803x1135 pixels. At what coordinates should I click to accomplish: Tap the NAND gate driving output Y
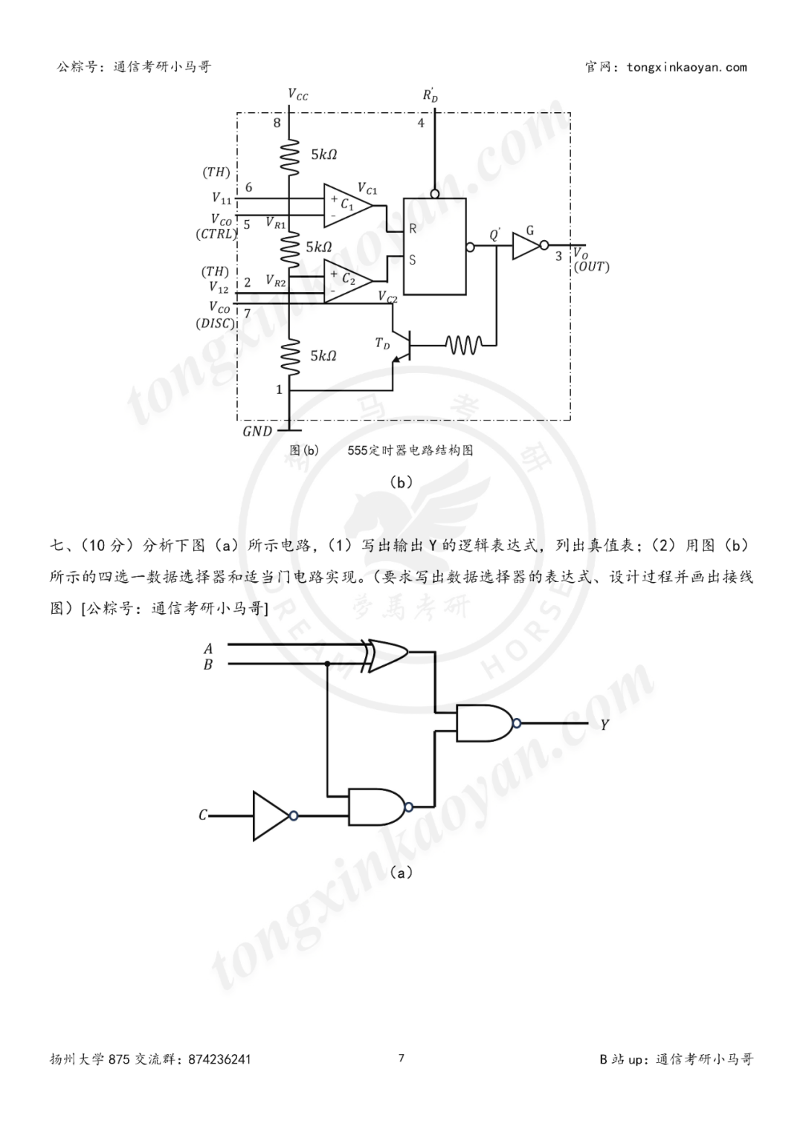(484, 722)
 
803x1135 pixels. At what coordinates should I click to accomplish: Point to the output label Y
(604, 724)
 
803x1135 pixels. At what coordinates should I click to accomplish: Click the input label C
(202, 815)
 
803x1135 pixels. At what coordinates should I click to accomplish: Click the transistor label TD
(382, 343)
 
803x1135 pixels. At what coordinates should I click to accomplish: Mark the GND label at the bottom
(257, 430)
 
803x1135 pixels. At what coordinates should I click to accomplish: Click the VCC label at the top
(297, 94)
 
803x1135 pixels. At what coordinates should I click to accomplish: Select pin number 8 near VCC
(277, 123)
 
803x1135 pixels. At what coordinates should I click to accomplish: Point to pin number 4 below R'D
(421, 123)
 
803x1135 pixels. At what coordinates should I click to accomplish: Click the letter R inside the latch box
(413, 229)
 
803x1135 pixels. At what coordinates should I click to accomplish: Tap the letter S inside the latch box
(413, 260)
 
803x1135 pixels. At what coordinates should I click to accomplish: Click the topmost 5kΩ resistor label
(323, 155)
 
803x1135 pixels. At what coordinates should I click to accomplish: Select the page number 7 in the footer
(401, 1058)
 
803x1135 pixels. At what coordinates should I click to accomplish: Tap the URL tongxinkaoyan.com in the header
(686, 68)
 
